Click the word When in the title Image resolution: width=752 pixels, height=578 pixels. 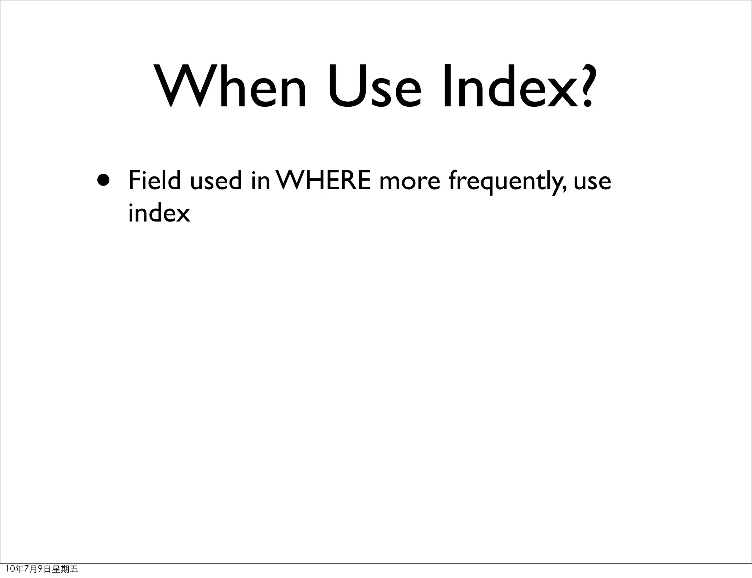(231, 87)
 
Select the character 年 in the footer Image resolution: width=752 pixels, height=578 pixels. (19, 569)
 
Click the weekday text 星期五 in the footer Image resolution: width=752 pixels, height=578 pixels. (65, 569)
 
